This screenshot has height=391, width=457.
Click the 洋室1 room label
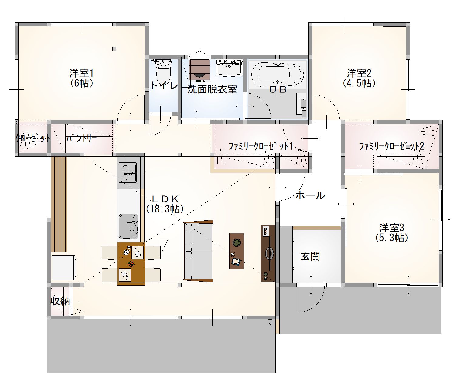(82, 73)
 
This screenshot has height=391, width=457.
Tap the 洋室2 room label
(359, 73)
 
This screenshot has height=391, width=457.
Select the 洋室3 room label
(392, 228)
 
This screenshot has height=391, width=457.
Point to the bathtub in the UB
(278, 74)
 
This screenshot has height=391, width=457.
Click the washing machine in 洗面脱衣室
(200, 71)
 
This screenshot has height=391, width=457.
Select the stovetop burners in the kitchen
(128, 173)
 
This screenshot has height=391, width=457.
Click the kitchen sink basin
(129, 226)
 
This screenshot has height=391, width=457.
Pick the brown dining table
(131, 264)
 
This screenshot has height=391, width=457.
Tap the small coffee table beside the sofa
(237, 251)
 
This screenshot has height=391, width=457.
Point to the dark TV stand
(268, 253)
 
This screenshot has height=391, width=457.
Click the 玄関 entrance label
(310, 257)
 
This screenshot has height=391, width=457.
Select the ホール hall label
(310, 195)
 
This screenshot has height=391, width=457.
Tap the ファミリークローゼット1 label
(261, 146)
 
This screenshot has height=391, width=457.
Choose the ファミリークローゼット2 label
(391, 146)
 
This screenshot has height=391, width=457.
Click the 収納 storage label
(60, 301)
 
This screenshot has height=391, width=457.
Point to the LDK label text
(165, 199)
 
